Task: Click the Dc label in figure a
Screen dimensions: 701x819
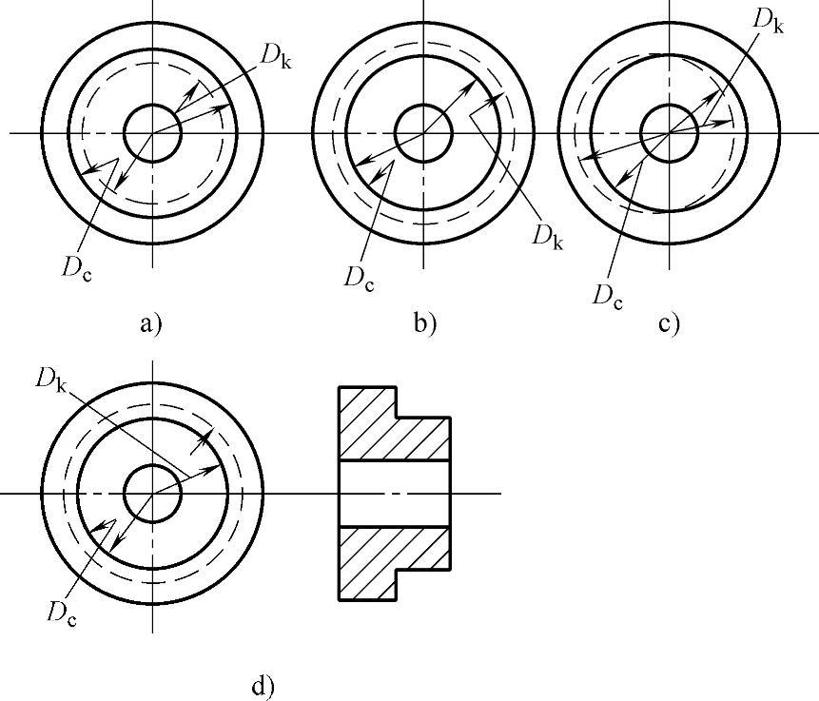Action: tap(78, 266)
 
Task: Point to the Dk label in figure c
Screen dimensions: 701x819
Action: tap(768, 20)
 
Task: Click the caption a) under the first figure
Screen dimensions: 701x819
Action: tap(151, 323)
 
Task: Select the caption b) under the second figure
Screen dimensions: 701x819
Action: tap(424, 323)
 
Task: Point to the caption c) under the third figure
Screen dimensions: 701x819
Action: tap(669, 323)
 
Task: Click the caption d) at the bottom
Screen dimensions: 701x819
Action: tap(263, 685)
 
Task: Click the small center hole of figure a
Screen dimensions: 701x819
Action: tap(152, 133)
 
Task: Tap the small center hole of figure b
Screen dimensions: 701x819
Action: tap(423, 132)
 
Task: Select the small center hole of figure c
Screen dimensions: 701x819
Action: tap(670, 133)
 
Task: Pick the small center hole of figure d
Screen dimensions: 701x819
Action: tap(152, 494)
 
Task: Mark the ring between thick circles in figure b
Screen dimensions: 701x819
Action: tap(423, 38)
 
